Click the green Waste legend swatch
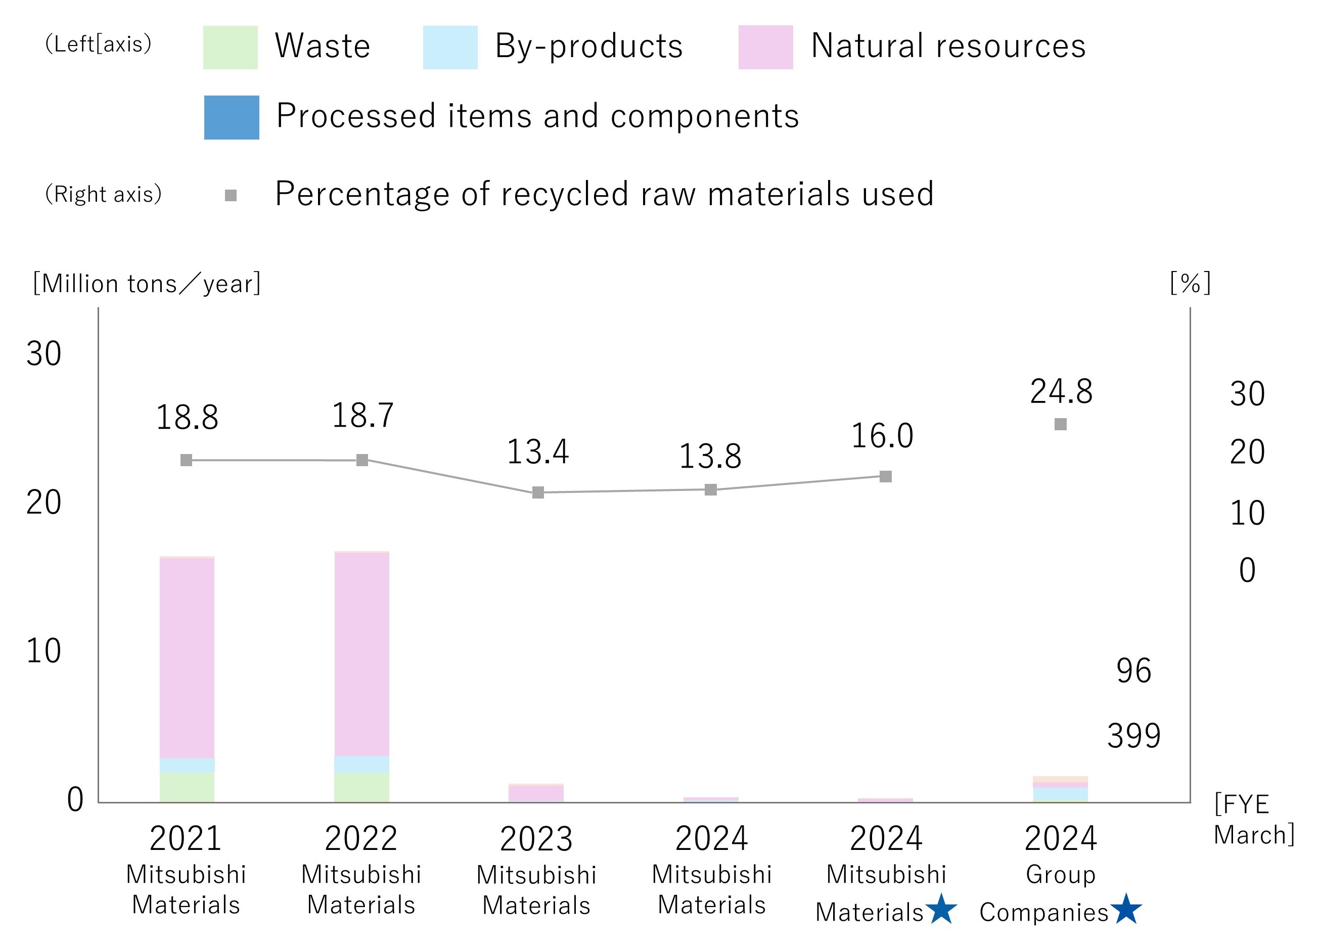pos(230,47)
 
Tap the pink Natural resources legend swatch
pos(765,47)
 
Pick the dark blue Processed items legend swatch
pos(231,117)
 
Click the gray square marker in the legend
pos(231,196)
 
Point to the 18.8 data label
pos(187,418)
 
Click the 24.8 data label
pos(1061,391)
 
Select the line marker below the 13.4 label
pos(538,493)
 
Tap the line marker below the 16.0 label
pos(885,476)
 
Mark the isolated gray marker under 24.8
pos(1061,424)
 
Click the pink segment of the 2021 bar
pos(187,658)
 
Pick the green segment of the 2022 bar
pos(361,788)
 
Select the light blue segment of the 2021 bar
pos(187,765)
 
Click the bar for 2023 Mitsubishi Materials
pos(536,793)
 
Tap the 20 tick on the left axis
pos(43,502)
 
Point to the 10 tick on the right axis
pos(1247,513)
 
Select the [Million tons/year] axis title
pos(147,284)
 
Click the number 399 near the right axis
pos(1133,736)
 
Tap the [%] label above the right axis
pos(1191,284)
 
